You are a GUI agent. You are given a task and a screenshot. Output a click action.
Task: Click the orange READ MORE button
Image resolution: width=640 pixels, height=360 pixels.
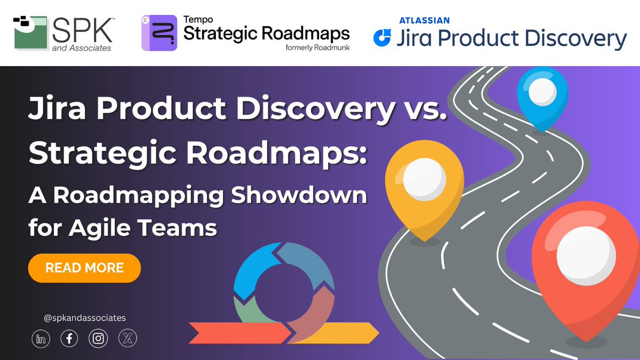coord(84,268)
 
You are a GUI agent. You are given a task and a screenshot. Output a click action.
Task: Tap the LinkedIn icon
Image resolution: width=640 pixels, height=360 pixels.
coord(41,339)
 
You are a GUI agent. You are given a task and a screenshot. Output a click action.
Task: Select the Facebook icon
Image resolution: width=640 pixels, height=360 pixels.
coord(69,339)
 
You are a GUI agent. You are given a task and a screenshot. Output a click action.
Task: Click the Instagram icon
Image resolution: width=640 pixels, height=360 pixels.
coord(98,339)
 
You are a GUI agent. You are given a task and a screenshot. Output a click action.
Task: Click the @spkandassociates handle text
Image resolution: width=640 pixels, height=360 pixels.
coord(85,318)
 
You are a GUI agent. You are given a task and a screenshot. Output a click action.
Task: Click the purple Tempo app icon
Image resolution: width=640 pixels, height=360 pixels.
coord(158,33)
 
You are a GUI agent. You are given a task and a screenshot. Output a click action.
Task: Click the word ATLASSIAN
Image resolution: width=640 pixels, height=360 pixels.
coord(424,20)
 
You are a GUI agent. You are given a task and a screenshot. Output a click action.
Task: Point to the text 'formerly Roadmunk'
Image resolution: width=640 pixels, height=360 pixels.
coord(316,47)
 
